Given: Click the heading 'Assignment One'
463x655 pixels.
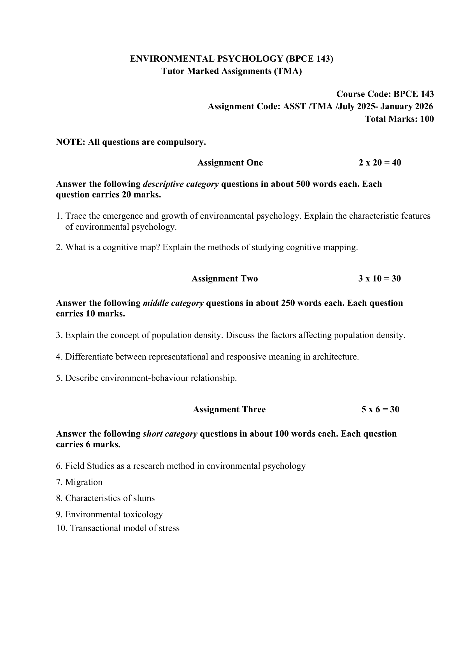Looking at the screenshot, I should (230, 163).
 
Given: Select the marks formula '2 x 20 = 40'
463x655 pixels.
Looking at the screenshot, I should (380, 163).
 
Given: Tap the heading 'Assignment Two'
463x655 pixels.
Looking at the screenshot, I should (225, 278).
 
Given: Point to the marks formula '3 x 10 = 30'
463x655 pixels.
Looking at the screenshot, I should (380, 278).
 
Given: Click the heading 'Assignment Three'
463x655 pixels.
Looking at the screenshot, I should (229, 409).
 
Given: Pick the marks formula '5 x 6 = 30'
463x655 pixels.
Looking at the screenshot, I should (380, 409).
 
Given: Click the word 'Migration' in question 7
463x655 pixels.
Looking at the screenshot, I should (83, 482).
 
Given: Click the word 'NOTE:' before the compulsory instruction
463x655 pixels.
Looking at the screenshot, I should (71, 142).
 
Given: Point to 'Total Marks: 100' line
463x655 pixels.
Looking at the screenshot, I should (399, 119).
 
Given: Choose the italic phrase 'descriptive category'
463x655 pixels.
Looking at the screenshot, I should (181, 184).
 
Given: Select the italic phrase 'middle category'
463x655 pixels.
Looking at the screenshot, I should (173, 303).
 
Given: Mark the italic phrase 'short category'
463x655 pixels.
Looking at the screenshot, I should (170, 433).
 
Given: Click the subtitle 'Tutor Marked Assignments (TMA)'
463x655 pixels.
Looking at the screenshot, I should (231, 71).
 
